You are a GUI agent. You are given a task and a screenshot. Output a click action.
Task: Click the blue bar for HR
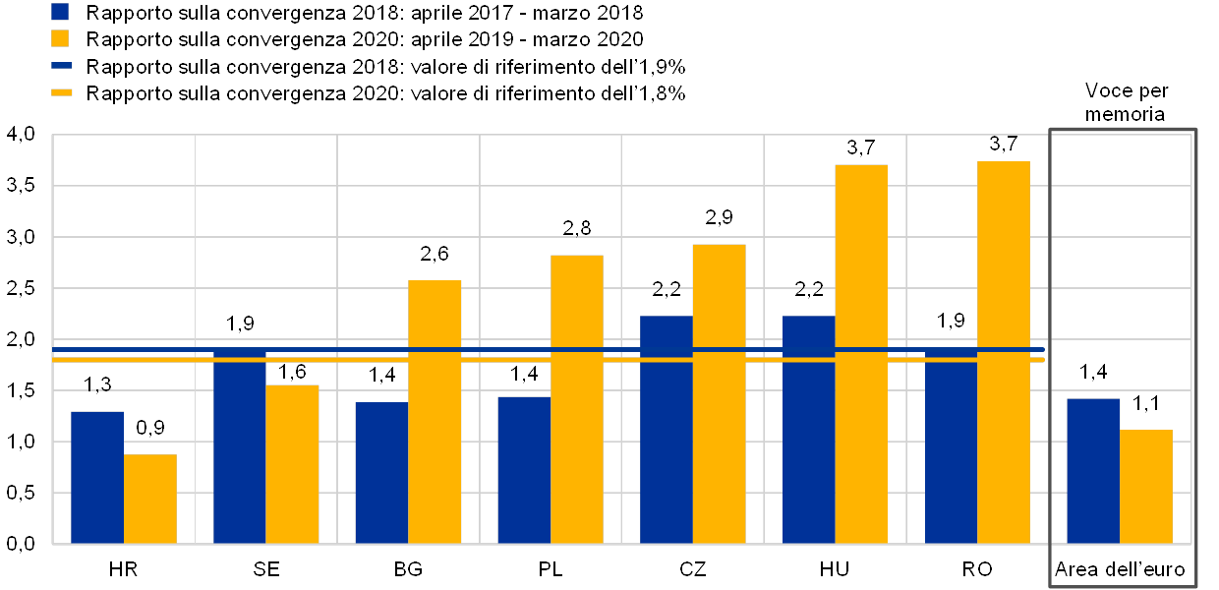pyautogui.click(x=97, y=477)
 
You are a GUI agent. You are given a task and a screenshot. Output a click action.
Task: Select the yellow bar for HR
pyautogui.click(x=150, y=499)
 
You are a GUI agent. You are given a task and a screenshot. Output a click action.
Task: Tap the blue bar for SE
pyautogui.click(x=239, y=445)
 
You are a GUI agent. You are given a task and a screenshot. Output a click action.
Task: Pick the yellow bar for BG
pyautogui.click(x=435, y=411)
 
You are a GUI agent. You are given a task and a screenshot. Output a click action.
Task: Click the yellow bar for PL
pyautogui.click(x=577, y=398)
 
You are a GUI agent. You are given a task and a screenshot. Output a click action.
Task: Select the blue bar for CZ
pyautogui.click(x=667, y=429)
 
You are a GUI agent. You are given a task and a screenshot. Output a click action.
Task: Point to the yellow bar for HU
pyautogui.click(x=861, y=353)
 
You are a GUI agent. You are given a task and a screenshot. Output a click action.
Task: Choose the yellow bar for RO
pyautogui.click(x=1004, y=352)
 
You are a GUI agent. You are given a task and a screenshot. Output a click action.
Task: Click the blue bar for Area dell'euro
pyautogui.click(x=1093, y=470)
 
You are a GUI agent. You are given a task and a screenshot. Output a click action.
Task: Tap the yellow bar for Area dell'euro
pyautogui.click(x=1146, y=486)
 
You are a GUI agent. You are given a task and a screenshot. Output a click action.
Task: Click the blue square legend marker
pyautogui.click(x=61, y=13)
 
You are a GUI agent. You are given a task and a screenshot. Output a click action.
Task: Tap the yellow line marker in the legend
pyautogui.click(x=61, y=92)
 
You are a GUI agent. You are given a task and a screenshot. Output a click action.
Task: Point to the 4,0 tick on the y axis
pyautogui.click(x=21, y=135)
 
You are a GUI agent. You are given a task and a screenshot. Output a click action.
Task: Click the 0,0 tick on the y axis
pyautogui.click(x=21, y=543)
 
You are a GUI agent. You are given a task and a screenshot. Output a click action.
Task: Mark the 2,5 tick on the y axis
pyautogui.click(x=21, y=288)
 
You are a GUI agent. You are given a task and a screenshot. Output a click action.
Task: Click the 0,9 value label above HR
pyautogui.click(x=150, y=429)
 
